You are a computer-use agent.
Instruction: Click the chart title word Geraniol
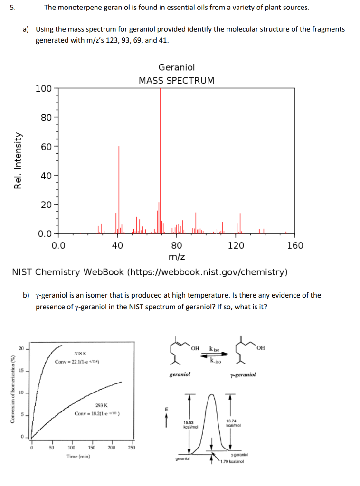[176, 68]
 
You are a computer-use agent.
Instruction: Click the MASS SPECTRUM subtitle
[176, 80]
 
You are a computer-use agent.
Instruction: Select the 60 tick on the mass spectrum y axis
[46, 147]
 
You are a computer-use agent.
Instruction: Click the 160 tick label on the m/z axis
[295, 245]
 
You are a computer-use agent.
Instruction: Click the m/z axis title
[177, 257]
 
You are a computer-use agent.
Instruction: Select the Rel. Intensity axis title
[18, 161]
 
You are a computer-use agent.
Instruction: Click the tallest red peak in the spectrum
[160, 142]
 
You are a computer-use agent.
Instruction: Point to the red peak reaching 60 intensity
[119, 190]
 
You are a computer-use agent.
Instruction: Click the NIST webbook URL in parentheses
[208, 272]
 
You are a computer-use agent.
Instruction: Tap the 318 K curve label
[81, 354]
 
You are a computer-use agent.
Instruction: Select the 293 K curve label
[101, 405]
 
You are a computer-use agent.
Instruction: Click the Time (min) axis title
[78, 457]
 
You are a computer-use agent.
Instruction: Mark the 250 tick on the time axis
[132, 447]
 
